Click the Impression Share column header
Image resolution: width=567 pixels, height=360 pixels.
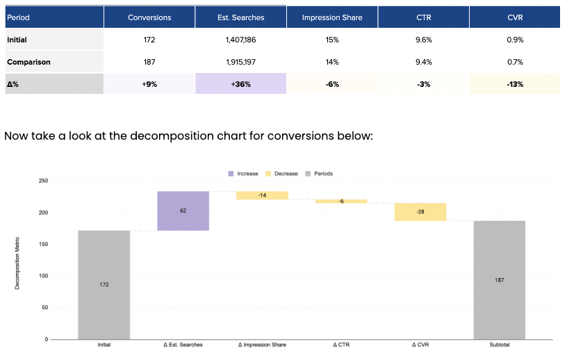[x=332, y=17]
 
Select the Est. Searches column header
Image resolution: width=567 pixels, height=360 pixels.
[x=240, y=17]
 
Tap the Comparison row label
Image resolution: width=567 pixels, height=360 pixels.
[x=28, y=62]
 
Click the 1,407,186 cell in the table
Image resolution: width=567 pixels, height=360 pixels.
[x=240, y=40]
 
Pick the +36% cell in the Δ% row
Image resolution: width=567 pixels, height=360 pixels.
[x=240, y=84]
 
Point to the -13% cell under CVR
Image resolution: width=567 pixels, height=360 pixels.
[x=515, y=84]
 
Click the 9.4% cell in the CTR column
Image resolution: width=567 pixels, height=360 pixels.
[x=423, y=62]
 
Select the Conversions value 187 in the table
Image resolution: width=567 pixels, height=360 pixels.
[x=149, y=62]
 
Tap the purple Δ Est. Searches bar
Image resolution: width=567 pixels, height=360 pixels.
[x=183, y=211]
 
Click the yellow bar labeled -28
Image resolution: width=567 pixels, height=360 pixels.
[x=420, y=212]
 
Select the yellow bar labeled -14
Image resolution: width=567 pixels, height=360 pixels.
[x=262, y=195]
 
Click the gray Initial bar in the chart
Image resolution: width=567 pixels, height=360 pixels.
[x=104, y=284]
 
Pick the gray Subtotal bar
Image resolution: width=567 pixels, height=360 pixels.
[x=500, y=279]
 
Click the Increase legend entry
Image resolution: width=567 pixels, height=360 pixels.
[x=243, y=173]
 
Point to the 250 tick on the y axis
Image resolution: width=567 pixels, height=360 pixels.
[x=43, y=181]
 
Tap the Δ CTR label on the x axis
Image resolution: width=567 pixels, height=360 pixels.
[x=341, y=345]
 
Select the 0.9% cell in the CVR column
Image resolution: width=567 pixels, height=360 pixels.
[x=515, y=40]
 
